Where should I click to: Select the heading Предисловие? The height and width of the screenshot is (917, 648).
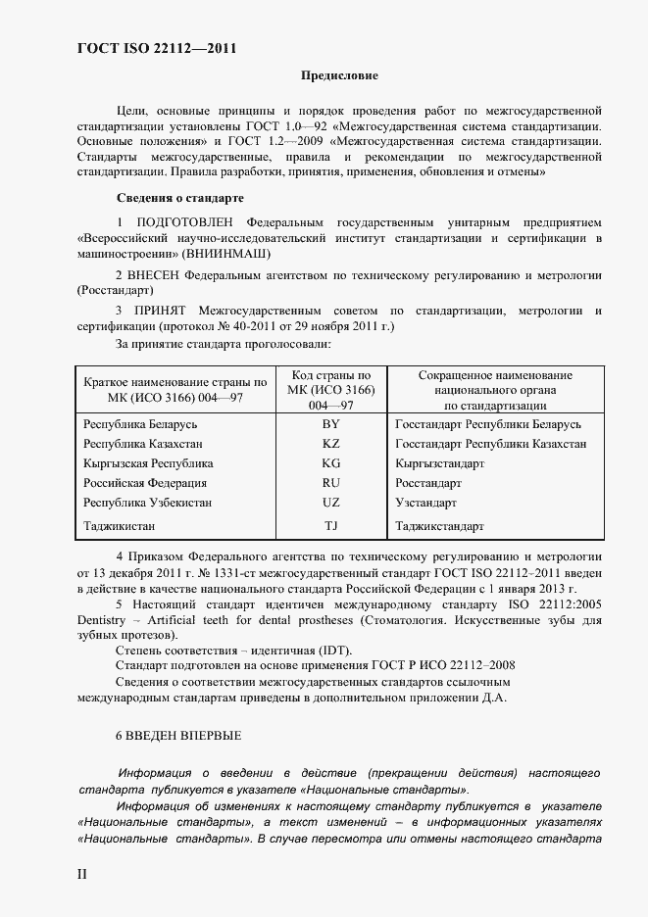[x=339, y=75]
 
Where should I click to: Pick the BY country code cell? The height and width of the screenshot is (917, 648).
[x=330, y=424]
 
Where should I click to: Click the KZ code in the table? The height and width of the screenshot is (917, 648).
[x=330, y=444]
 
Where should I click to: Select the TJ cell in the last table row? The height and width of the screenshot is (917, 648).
[x=330, y=526]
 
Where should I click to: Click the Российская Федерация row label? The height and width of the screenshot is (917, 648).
[x=145, y=483]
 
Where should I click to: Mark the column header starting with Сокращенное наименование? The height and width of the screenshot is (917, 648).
[x=495, y=389]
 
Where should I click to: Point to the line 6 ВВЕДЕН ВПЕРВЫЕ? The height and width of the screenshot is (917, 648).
[x=178, y=735]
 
